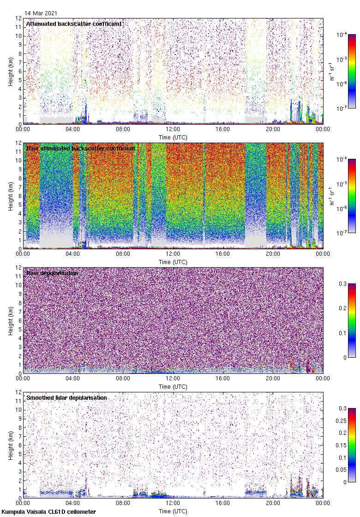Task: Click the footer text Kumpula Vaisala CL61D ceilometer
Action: click(49, 512)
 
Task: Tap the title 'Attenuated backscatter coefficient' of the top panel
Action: click(74, 24)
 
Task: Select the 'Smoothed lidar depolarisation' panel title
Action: click(66, 397)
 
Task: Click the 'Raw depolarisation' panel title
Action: click(52, 273)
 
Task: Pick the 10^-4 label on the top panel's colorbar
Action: click(342, 35)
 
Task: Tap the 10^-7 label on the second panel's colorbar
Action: click(342, 233)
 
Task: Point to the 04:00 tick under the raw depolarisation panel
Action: click(73, 380)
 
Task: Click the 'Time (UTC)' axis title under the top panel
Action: click(173, 137)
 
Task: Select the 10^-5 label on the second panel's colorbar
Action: click(342, 184)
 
